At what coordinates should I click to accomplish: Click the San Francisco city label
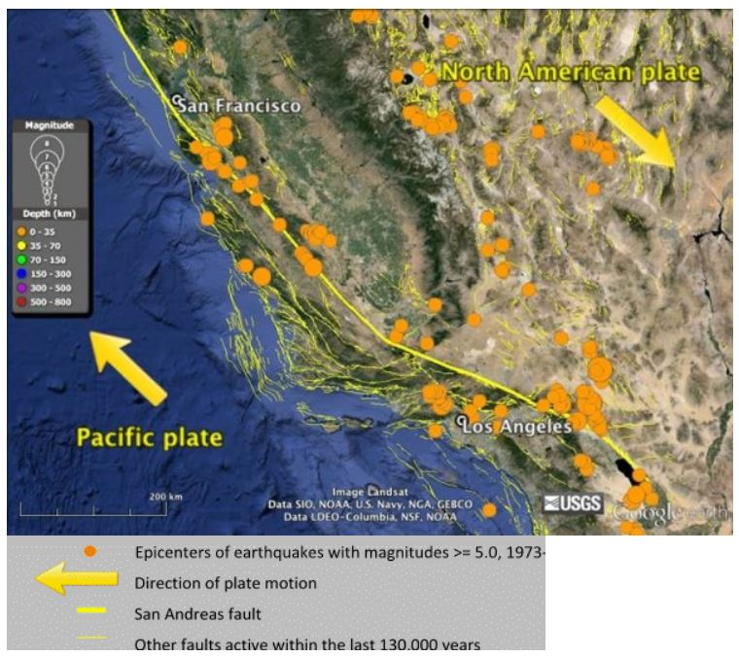pos(238,105)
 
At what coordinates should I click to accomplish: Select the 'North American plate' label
pos(570,72)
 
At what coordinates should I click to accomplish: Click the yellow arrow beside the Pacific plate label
pos(128,367)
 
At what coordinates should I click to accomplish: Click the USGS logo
pos(573,503)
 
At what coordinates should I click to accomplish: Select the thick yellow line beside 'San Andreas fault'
pos(90,613)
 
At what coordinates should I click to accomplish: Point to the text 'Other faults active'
pos(194,643)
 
